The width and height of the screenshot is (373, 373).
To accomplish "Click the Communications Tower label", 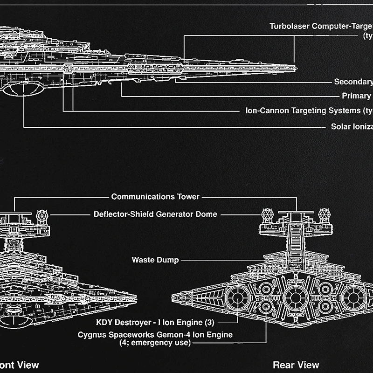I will (x=155, y=197).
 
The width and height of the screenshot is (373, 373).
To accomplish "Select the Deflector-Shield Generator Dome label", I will (x=155, y=214).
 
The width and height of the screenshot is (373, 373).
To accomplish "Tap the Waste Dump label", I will (x=155, y=260).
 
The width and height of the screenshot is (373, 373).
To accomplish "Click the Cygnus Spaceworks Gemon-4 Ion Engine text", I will (x=155, y=334).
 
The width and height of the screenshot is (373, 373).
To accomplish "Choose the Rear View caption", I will (x=296, y=365).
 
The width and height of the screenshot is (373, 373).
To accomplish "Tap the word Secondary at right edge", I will (x=353, y=82).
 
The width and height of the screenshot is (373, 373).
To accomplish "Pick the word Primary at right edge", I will (x=356, y=96).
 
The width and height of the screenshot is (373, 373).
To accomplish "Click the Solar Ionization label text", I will (x=352, y=126).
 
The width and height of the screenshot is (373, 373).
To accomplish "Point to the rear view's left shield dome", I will (x=268, y=215).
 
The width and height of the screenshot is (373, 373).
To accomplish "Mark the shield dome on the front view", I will (x=42, y=216).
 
